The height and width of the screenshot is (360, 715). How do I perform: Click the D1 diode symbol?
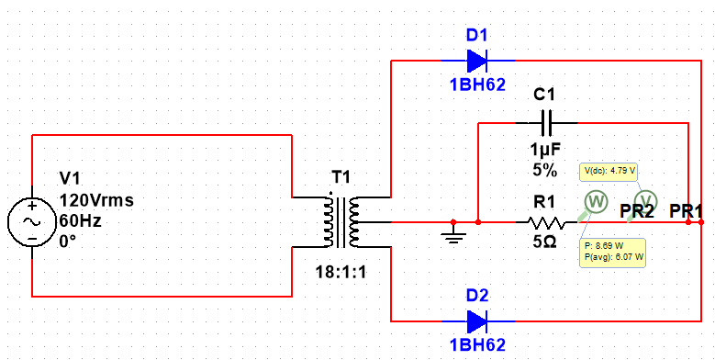point(476,62)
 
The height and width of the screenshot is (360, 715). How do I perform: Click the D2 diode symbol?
point(476,321)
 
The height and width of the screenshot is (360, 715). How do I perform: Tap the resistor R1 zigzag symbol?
point(547,222)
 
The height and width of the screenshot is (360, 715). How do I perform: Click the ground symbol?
point(452,236)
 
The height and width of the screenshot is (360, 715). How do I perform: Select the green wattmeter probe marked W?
point(595,201)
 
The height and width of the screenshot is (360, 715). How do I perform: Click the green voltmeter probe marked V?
point(646,200)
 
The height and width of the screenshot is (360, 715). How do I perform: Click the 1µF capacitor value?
point(545,150)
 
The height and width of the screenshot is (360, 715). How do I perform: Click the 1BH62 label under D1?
point(476,86)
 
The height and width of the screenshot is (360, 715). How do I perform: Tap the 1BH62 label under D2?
point(476,346)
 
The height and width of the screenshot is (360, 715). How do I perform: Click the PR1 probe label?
point(687,210)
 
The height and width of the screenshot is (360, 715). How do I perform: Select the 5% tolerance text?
point(545,170)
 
